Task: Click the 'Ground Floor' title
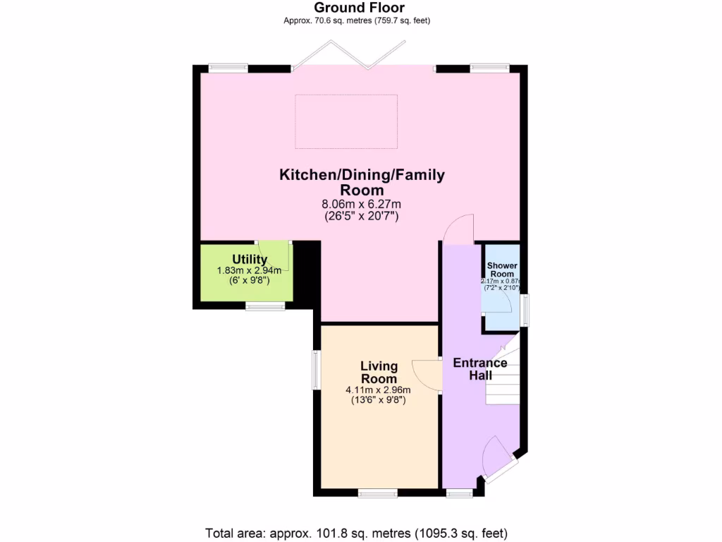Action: tap(359, 8)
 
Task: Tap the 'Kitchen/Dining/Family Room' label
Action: tap(362, 182)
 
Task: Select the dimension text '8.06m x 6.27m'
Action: tap(361, 204)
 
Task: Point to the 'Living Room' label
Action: tap(379, 373)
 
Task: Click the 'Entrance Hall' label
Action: tap(480, 369)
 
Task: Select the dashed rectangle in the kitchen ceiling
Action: tap(345, 121)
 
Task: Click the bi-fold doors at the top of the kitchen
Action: tap(350, 56)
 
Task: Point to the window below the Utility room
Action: tap(265, 306)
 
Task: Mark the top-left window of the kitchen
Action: tap(228, 68)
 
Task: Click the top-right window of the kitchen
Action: tap(490, 68)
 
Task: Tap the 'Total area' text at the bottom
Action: tap(356, 533)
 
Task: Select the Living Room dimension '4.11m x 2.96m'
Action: tap(378, 390)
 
